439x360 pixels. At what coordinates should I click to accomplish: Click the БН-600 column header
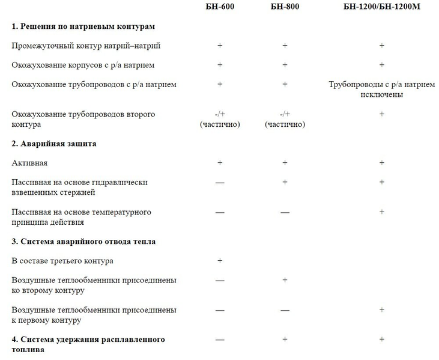click(x=219, y=7)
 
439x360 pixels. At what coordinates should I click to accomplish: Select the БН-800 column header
click(x=285, y=7)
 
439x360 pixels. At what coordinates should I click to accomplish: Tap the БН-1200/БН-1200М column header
click(x=381, y=7)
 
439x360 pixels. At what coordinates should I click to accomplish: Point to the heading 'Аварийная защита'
click(x=54, y=144)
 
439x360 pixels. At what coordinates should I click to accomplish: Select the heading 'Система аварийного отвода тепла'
click(x=83, y=242)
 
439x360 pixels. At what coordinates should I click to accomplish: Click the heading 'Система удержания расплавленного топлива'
click(x=88, y=344)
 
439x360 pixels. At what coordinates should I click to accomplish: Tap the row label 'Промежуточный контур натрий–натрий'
click(x=86, y=46)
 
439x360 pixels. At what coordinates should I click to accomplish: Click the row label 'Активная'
click(x=29, y=163)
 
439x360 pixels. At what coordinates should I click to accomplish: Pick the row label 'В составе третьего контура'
click(x=62, y=261)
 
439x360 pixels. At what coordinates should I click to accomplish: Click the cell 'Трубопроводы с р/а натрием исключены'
click(x=381, y=89)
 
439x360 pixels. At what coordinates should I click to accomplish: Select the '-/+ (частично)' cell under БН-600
click(x=220, y=119)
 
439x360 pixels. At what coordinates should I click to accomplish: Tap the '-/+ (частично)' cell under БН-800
click(x=285, y=119)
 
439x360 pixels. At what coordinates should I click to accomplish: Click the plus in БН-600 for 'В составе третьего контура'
click(x=220, y=261)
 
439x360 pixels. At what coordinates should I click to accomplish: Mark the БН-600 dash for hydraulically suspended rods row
click(x=220, y=183)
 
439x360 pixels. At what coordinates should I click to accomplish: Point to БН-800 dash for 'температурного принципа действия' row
click(x=285, y=212)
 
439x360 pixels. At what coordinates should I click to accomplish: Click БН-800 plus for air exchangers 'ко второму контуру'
click(x=285, y=280)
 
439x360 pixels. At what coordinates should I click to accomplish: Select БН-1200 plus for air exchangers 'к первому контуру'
click(x=381, y=310)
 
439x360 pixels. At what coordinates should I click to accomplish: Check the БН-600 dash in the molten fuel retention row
click(x=220, y=340)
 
